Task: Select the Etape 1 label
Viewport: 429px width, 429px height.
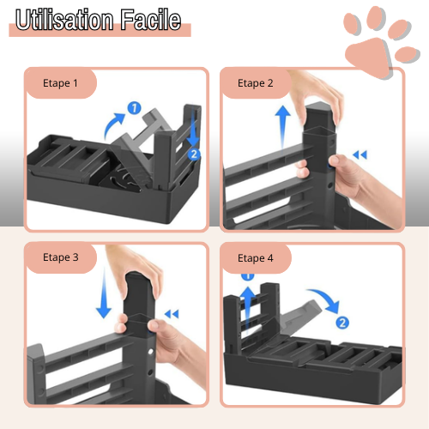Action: click(61, 83)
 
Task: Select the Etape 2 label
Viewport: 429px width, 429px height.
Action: click(256, 83)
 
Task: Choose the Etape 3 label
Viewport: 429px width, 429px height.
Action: click(61, 257)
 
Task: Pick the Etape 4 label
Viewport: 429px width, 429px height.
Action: click(256, 257)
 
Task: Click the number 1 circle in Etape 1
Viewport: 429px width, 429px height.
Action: click(134, 108)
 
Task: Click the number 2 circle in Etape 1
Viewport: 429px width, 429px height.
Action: click(194, 154)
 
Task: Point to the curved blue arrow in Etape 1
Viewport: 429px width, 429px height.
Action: click(114, 124)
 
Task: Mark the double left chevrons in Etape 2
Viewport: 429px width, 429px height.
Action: click(360, 155)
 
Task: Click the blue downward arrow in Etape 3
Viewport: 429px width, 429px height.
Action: click(104, 299)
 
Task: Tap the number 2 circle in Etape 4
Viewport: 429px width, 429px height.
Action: click(342, 323)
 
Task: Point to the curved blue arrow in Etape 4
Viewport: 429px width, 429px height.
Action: click(323, 300)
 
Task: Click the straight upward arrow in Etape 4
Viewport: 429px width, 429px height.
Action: click(248, 300)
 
